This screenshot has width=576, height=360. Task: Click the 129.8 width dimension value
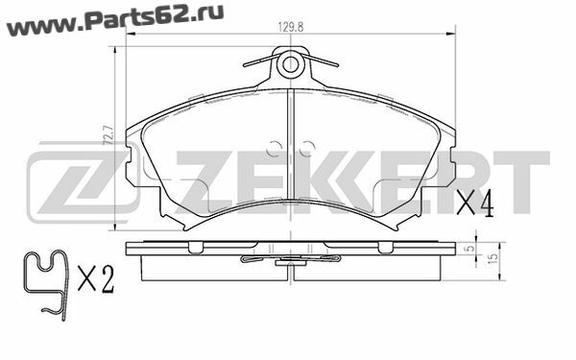[x=291, y=27]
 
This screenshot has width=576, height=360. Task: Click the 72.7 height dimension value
[x=109, y=134]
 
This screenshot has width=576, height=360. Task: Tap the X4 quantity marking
[x=474, y=204]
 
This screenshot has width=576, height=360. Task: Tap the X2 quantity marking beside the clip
[x=96, y=279]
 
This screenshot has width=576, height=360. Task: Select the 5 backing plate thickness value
[x=469, y=249]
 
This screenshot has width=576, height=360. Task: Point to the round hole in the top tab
[x=290, y=64]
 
